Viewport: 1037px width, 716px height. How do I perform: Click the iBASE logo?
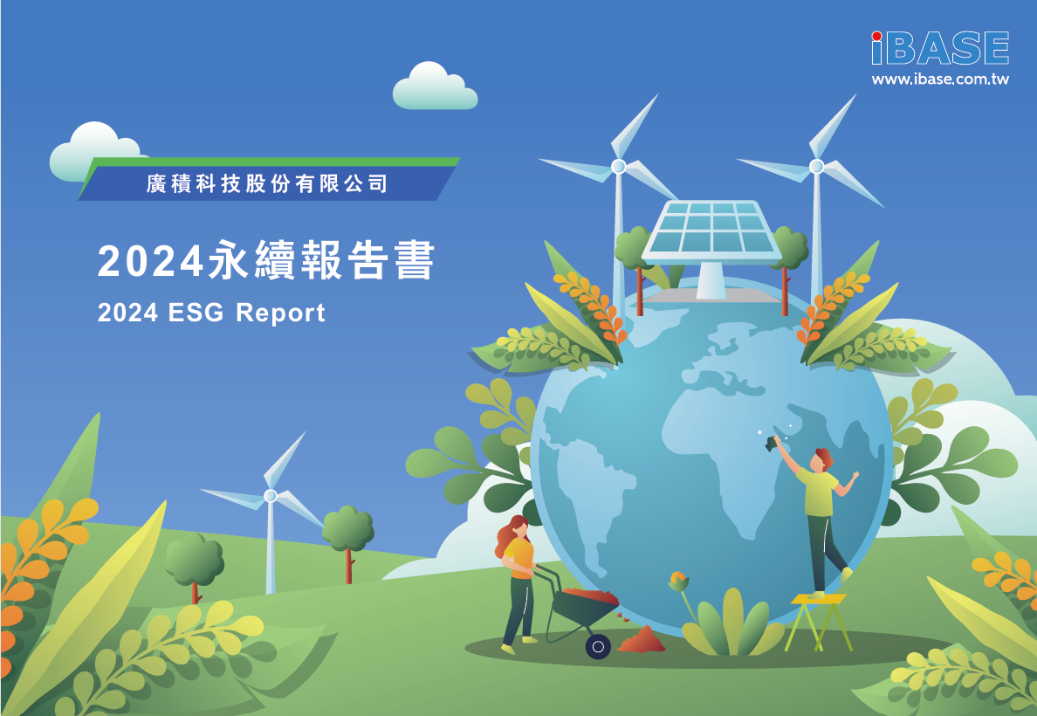pyautogui.click(x=940, y=48)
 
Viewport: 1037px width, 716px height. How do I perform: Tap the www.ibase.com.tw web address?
pyautogui.click(x=940, y=79)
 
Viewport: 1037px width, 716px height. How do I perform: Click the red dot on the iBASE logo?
pyautogui.click(x=877, y=36)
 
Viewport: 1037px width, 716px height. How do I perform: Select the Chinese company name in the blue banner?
pyautogui.click(x=266, y=183)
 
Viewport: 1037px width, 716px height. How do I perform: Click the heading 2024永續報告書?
pyautogui.click(x=266, y=260)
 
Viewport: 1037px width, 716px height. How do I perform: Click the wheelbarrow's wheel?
pyautogui.click(x=598, y=646)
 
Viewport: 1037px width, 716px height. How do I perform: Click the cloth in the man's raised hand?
pyautogui.click(x=771, y=444)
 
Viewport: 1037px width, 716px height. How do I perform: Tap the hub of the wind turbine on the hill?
pyautogui.click(x=270, y=496)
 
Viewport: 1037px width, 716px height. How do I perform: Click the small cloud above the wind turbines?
pyautogui.click(x=435, y=86)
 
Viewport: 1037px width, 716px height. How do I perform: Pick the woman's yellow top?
pyautogui.click(x=519, y=557)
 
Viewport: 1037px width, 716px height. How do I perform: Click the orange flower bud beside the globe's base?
pyautogui.click(x=678, y=582)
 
